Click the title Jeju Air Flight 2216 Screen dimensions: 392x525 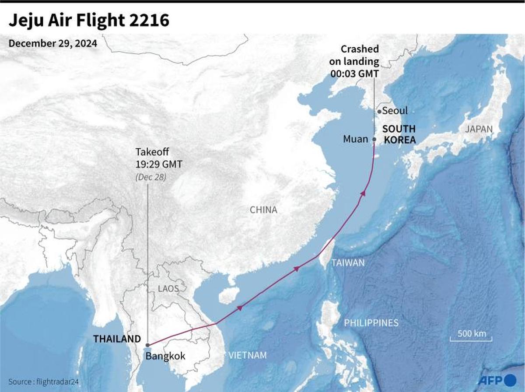tap(89, 21)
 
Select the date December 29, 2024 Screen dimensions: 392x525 tap(52, 44)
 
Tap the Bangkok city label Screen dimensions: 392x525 tap(165, 356)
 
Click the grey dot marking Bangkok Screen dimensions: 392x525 tap(148, 345)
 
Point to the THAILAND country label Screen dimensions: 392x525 tap(117, 339)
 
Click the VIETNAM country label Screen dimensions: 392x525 tap(247, 355)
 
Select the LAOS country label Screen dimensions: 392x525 tap(169, 289)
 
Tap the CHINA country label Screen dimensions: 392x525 tap(263, 210)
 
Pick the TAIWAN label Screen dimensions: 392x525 tap(348, 263)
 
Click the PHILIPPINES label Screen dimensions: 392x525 tap(371, 323)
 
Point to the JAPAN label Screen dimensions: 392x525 tap(479, 129)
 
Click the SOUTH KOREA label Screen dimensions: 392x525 tap(399, 134)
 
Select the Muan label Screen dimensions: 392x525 tap(355, 139)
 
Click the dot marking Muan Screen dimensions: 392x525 tap(374, 140)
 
